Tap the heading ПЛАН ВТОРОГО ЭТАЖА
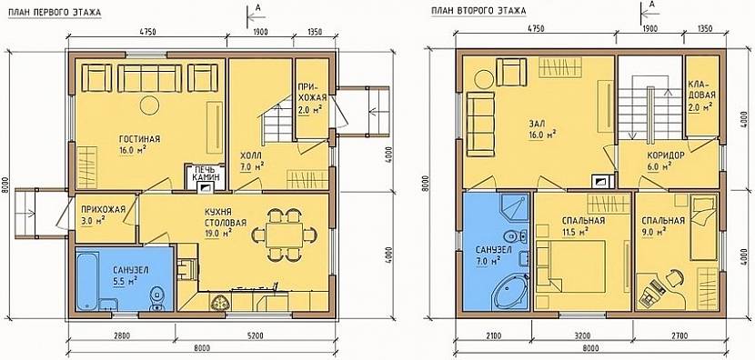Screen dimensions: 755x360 (478, 11)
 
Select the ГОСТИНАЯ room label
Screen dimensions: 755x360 (140, 140)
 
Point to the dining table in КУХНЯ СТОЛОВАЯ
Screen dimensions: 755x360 (284, 235)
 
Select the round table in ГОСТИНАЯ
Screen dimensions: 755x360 (149, 105)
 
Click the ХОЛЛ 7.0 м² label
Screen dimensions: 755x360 (252, 161)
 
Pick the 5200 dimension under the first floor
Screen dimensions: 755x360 (255, 335)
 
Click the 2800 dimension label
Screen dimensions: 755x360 (120, 335)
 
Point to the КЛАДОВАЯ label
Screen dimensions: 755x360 (701, 95)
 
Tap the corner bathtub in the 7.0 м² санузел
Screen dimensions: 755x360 (510, 292)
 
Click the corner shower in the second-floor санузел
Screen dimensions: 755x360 (514, 209)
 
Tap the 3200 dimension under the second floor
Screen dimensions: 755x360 (583, 335)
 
